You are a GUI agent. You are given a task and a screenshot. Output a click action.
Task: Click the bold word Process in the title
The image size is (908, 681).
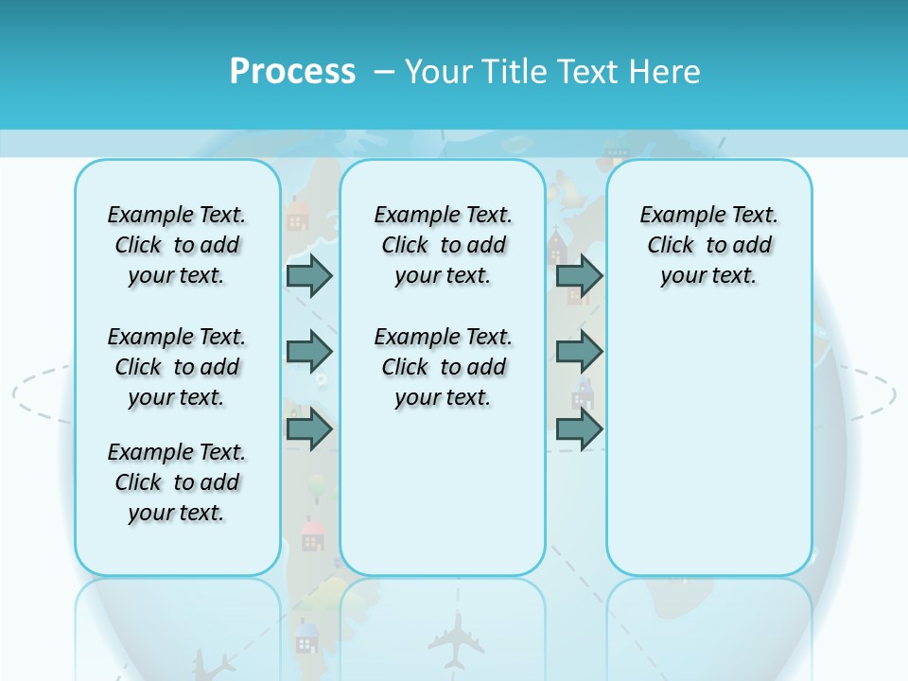(x=292, y=71)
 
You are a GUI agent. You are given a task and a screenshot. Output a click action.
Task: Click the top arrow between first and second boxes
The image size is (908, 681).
(x=309, y=275)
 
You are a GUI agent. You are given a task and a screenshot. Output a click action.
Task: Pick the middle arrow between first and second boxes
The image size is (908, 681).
(x=309, y=352)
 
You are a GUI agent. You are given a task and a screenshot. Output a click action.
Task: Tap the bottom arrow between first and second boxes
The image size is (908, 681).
(x=309, y=429)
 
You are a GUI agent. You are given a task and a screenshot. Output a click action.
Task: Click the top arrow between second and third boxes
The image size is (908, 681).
(x=579, y=275)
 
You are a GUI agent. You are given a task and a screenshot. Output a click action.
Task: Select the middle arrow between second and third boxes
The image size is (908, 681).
(x=579, y=352)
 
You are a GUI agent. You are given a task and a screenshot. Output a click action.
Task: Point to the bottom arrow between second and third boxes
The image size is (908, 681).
(x=579, y=429)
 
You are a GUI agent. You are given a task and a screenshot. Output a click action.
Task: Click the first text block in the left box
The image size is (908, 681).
(x=177, y=245)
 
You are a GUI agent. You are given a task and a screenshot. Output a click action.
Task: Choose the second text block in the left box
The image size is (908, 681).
(x=177, y=367)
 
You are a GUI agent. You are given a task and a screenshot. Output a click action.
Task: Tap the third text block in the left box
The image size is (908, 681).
(x=177, y=482)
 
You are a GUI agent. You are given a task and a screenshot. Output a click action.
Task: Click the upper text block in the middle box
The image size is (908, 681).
(x=444, y=245)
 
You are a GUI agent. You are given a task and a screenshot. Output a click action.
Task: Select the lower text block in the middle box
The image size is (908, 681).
(x=444, y=367)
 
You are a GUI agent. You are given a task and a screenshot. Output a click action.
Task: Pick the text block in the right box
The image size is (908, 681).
(x=709, y=245)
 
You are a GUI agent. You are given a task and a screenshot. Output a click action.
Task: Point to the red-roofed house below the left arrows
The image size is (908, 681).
(x=312, y=534)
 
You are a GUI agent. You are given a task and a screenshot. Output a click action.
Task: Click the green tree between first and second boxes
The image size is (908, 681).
(x=318, y=488)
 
